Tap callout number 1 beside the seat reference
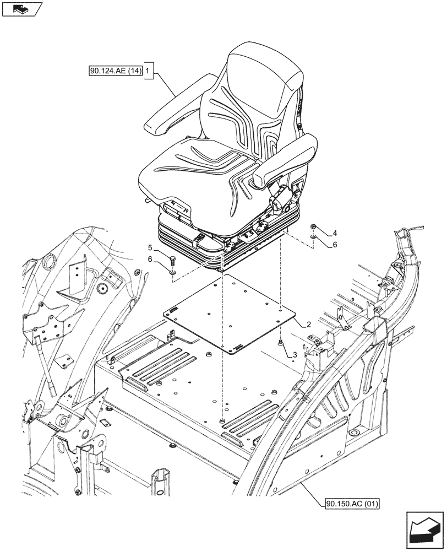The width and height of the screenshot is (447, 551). (148, 71)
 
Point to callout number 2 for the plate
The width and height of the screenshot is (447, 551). (309, 325)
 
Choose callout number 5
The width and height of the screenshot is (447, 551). (149, 247)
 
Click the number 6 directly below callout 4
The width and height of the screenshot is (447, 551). (334, 244)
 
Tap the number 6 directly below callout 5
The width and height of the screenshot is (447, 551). (149, 259)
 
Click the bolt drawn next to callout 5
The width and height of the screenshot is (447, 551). (172, 260)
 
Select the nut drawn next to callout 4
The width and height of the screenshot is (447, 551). (313, 226)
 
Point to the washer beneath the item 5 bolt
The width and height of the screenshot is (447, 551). (172, 271)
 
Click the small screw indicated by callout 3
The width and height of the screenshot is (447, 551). (282, 343)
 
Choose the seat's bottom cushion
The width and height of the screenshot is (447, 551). (193, 165)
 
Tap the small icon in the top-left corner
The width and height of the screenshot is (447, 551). (21, 9)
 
